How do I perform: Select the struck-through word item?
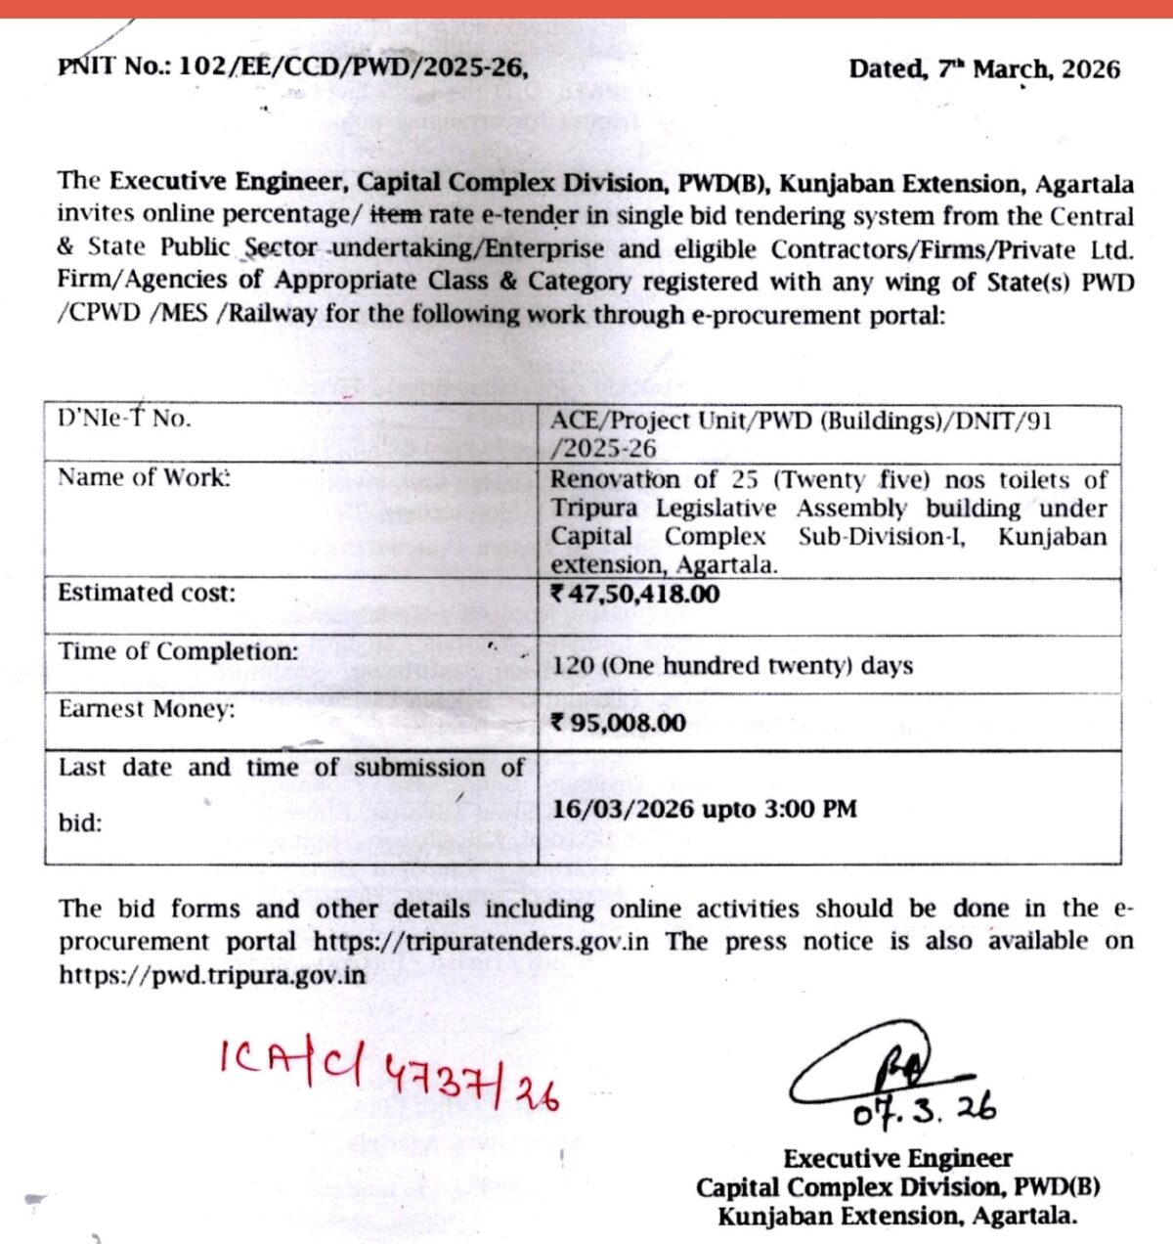coord(395,214)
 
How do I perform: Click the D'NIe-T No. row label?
coord(124,420)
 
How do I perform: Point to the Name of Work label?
coord(144,477)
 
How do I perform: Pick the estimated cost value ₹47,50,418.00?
coord(635,594)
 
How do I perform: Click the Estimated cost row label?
coord(147,593)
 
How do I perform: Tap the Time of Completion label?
coord(178,651)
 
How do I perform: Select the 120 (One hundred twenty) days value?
coord(732,665)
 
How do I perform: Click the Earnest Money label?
coord(147,709)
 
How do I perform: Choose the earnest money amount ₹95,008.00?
coord(619,723)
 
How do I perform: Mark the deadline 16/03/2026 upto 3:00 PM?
coord(704,809)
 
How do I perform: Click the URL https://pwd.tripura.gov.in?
coord(212,975)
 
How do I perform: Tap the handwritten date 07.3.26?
coord(924,1110)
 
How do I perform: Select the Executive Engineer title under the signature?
coord(897,1159)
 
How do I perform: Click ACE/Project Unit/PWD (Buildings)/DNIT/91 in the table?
coord(801,422)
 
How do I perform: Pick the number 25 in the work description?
coord(744,479)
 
